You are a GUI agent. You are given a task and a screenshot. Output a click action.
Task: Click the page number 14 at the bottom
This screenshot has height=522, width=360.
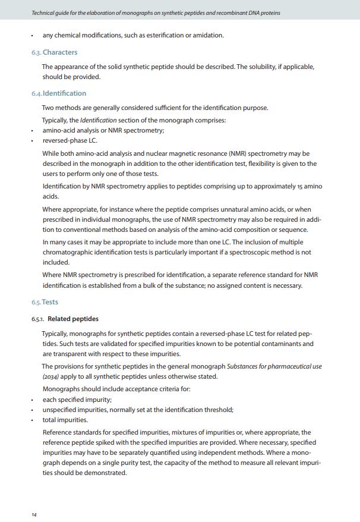[34, 514]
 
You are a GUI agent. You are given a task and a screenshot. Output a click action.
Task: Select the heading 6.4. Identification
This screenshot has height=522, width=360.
[59, 93]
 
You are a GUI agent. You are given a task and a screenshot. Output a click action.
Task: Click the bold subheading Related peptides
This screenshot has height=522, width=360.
[73, 319]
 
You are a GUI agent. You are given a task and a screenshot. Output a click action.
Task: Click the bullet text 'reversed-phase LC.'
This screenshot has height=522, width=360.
[70, 141]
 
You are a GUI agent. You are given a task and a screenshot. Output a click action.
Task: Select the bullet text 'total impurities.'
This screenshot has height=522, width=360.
[65, 420]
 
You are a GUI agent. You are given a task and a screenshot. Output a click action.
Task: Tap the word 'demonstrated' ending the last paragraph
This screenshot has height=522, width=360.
[105, 473]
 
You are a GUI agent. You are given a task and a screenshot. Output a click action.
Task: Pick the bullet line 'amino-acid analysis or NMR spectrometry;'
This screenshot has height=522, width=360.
[103, 130]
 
